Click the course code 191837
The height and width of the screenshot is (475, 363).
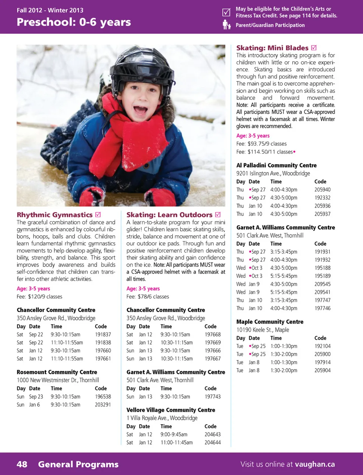(103, 335)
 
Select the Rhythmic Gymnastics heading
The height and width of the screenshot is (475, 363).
(54, 215)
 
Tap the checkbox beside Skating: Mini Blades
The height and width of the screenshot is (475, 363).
(314, 48)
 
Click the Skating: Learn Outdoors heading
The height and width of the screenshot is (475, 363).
(169, 215)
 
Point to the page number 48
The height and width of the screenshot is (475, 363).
(22, 464)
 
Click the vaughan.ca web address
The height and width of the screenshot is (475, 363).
(315, 464)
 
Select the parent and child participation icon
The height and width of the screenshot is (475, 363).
(226, 25)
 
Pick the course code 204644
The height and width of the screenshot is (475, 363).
(213, 442)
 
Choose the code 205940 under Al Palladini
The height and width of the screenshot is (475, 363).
(323, 190)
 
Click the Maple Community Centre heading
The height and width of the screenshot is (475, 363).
(270, 322)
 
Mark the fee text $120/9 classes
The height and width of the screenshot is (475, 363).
(45, 297)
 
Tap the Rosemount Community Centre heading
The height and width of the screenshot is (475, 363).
(57, 372)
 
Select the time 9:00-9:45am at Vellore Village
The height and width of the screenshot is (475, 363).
(174, 435)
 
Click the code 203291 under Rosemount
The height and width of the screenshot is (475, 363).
(103, 405)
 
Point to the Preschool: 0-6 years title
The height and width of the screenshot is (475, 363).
(74, 22)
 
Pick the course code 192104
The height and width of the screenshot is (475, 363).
(323, 346)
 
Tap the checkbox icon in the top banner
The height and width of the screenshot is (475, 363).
(226, 12)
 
